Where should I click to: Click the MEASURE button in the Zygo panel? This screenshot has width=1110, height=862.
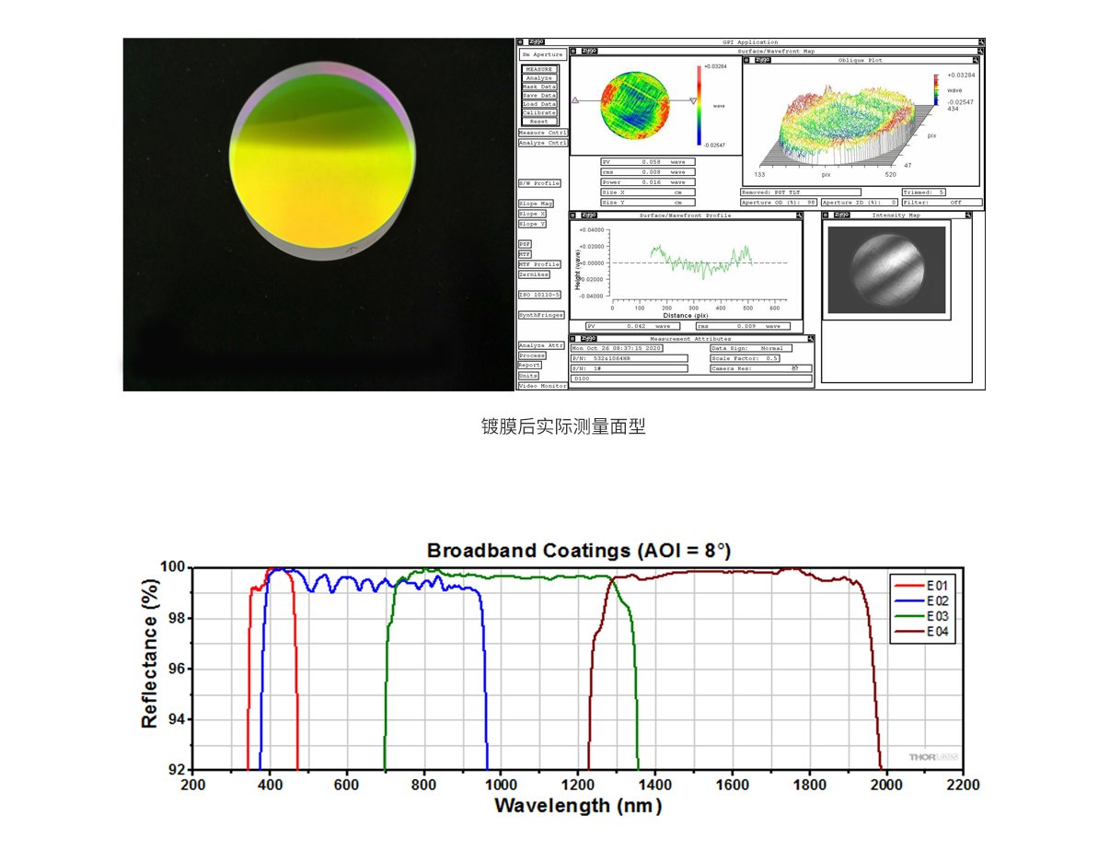coord(539,69)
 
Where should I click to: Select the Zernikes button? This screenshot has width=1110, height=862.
coord(534,274)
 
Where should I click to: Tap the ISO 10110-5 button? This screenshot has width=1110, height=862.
coord(539,295)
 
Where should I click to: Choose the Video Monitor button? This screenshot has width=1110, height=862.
coord(542,386)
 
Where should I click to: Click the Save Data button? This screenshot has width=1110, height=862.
coord(539,95)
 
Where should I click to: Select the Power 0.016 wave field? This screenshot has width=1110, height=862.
coord(648,182)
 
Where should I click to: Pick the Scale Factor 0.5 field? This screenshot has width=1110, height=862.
coord(760,358)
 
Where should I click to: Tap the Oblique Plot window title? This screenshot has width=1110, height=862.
coord(861,60)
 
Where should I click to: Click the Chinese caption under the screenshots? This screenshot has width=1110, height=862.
coord(563,426)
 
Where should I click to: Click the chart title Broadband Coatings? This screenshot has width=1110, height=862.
coord(578,551)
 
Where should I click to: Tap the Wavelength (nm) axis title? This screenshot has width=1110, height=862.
coord(578,806)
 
